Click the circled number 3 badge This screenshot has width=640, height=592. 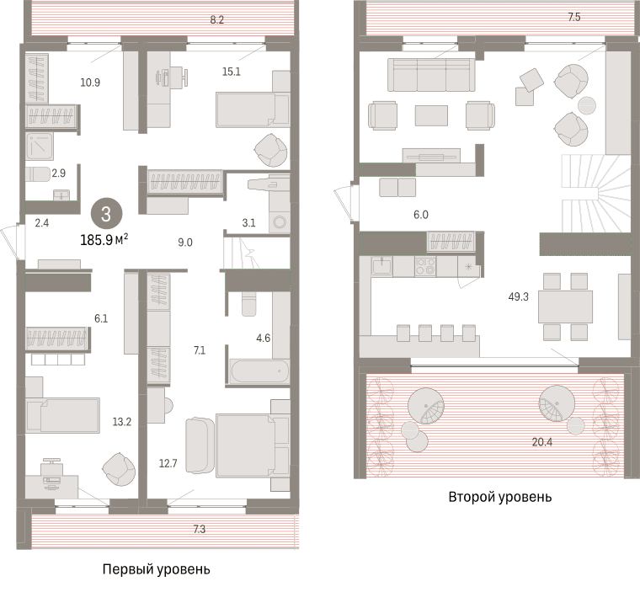[x=106, y=214]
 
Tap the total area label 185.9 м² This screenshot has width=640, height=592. [x=104, y=240]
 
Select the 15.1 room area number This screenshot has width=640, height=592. [x=231, y=72]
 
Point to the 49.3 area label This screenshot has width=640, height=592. [x=519, y=296]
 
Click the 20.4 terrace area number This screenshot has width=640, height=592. [x=542, y=442]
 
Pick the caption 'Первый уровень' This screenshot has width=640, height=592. [x=157, y=569]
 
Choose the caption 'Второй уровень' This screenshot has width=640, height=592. [x=500, y=497]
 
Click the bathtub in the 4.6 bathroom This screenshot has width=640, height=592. [x=259, y=371]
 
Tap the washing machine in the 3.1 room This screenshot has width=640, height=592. [x=280, y=222]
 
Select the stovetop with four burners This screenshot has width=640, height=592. [x=425, y=267]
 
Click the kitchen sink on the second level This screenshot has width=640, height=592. [x=381, y=266]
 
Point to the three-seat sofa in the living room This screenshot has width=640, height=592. [x=431, y=75]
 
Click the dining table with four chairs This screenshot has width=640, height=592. [x=565, y=307]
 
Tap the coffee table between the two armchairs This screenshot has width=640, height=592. [x=431, y=115]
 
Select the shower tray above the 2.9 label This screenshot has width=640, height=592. [x=40, y=147]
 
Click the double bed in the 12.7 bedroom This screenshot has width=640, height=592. [x=253, y=445]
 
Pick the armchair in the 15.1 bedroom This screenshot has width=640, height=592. [x=270, y=150]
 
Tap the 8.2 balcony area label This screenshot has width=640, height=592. [x=216, y=19]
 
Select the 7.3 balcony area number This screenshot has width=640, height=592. [x=200, y=529]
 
